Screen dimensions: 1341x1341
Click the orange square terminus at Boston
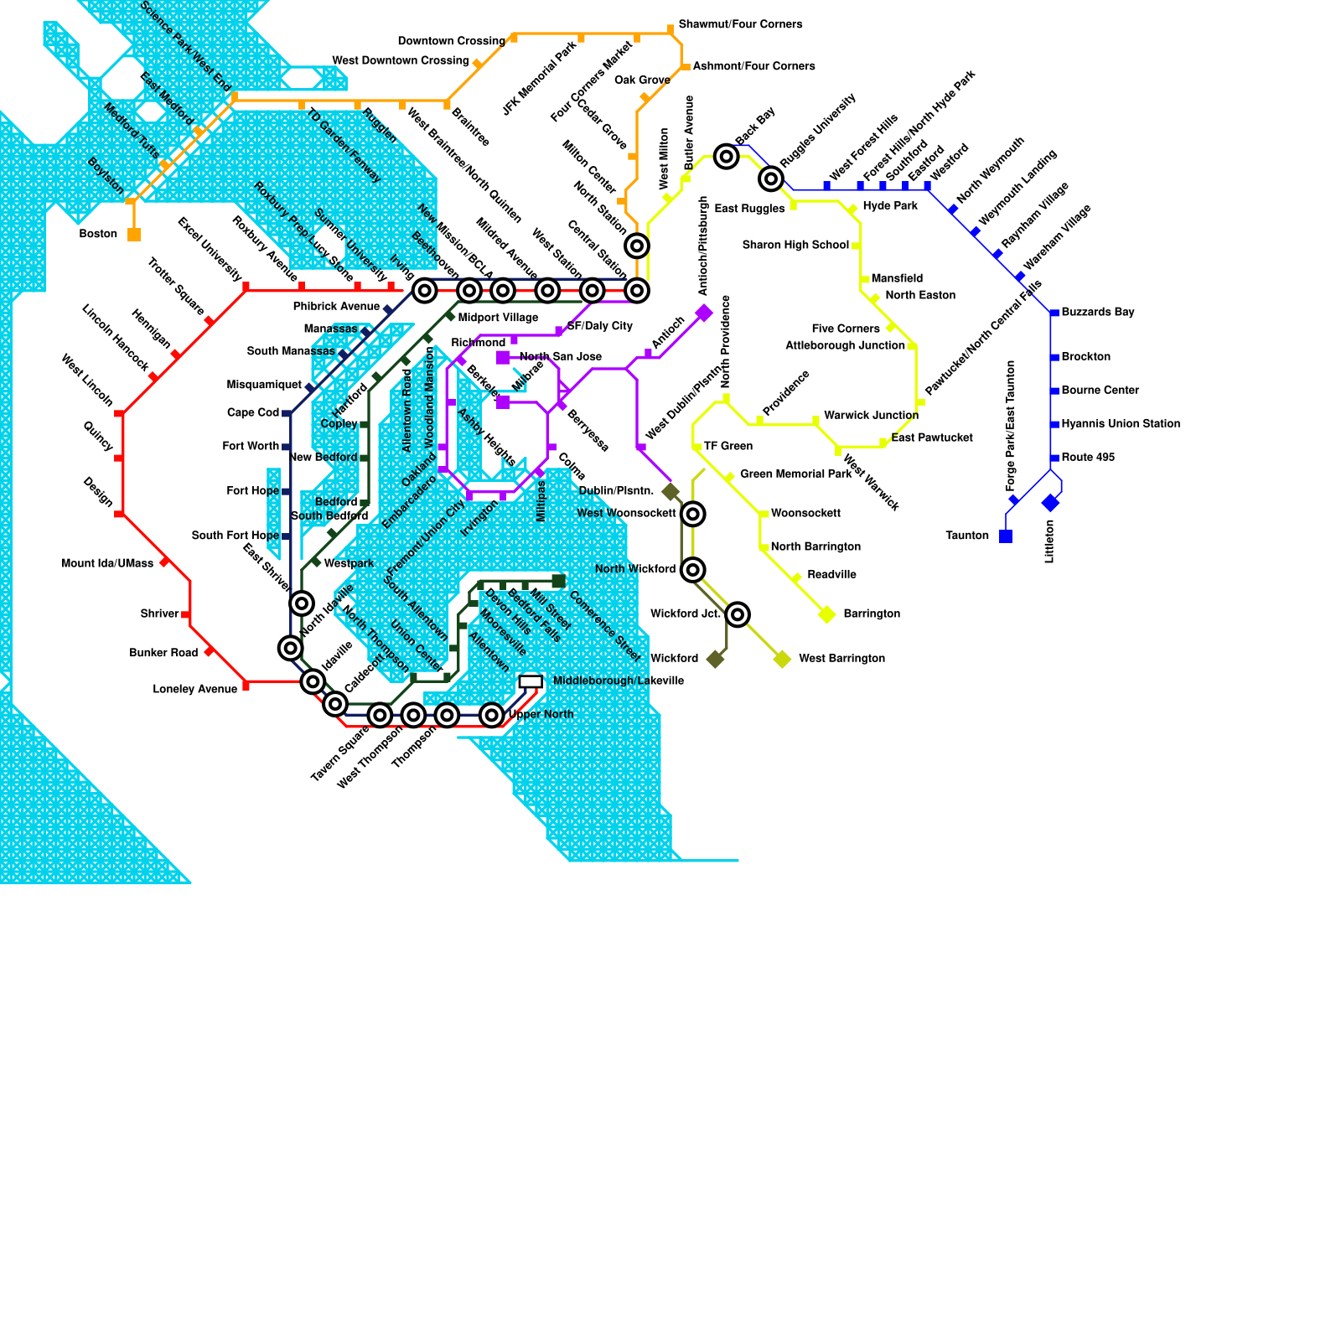(x=134, y=235)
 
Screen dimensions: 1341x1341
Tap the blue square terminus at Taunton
(x=1006, y=536)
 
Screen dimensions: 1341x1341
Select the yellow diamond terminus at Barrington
(x=827, y=614)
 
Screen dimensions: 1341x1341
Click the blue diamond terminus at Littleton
(x=1050, y=503)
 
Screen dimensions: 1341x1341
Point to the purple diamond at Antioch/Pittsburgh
(x=704, y=313)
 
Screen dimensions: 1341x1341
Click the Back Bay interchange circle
(x=727, y=157)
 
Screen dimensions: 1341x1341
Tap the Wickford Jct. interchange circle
(x=738, y=614)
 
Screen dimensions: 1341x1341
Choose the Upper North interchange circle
(x=492, y=715)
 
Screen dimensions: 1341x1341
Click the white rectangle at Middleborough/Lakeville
(x=531, y=682)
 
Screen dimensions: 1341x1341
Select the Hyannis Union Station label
(x=1121, y=424)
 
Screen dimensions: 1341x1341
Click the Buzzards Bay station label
(x=1098, y=313)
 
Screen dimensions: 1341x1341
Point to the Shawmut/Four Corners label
(x=740, y=24)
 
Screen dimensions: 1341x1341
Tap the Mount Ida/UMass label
(x=107, y=563)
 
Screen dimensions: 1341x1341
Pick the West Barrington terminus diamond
(x=782, y=659)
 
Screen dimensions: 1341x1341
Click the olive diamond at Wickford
(x=715, y=659)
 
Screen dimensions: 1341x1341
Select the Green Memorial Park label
(x=795, y=474)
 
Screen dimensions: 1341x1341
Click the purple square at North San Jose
(x=503, y=358)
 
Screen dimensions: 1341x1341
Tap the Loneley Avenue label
(x=194, y=690)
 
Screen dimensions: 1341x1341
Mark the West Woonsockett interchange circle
(x=692, y=514)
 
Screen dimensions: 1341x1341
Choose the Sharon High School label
(x=795, y=246)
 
